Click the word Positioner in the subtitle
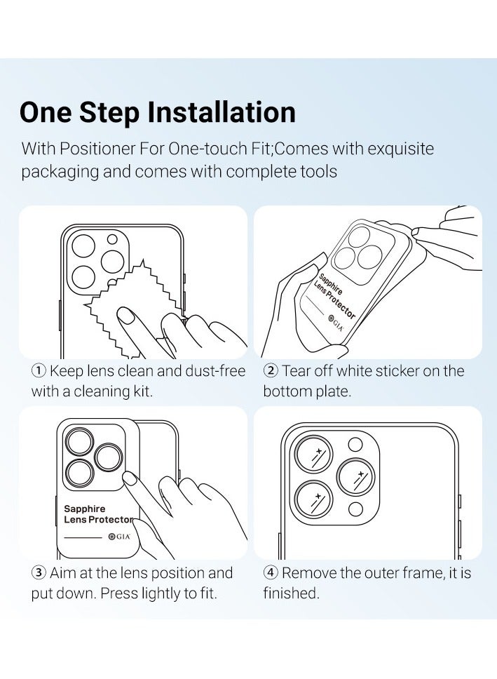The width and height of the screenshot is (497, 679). point(97,149)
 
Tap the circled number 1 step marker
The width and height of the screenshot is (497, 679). point(39,370)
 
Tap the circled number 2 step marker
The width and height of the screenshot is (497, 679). point(271,370)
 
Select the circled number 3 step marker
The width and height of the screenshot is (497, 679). point(39,573)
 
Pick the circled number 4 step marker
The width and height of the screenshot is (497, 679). point(271,573)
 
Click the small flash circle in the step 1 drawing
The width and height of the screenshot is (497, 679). point(112,239)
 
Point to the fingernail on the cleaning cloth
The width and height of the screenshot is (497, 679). point(127,315)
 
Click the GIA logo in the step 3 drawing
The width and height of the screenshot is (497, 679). point(119,537)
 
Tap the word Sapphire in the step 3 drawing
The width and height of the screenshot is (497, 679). point(84,509)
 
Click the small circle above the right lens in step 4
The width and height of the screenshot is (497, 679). point(355,445)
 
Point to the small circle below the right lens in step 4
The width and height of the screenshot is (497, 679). point(355,509)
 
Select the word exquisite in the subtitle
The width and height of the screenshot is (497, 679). point(400,149)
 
